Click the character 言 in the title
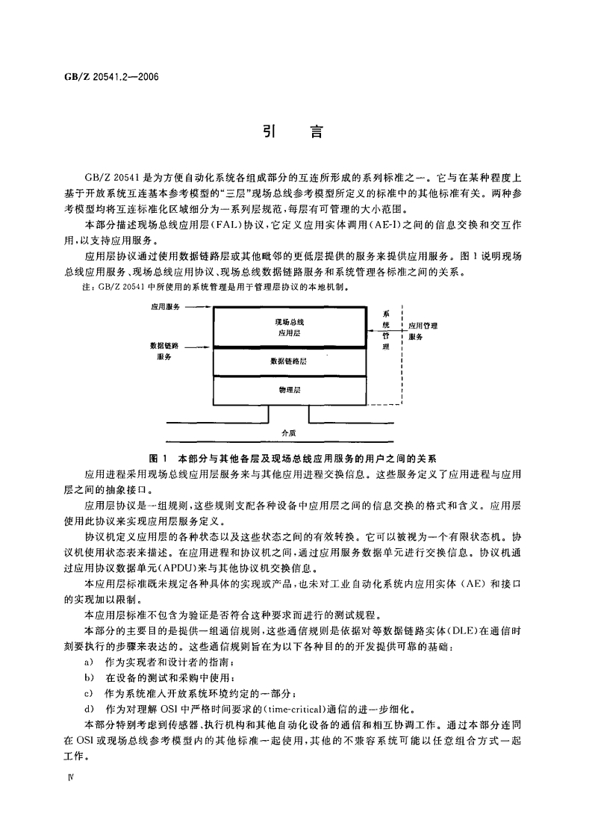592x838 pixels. [317, 132]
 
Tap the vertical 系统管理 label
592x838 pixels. [386, 331]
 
